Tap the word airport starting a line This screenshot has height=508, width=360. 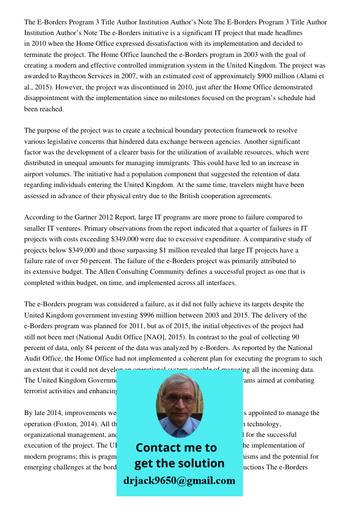(x=35, y=174)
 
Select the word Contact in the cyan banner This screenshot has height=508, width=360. (x=159, y=448)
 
